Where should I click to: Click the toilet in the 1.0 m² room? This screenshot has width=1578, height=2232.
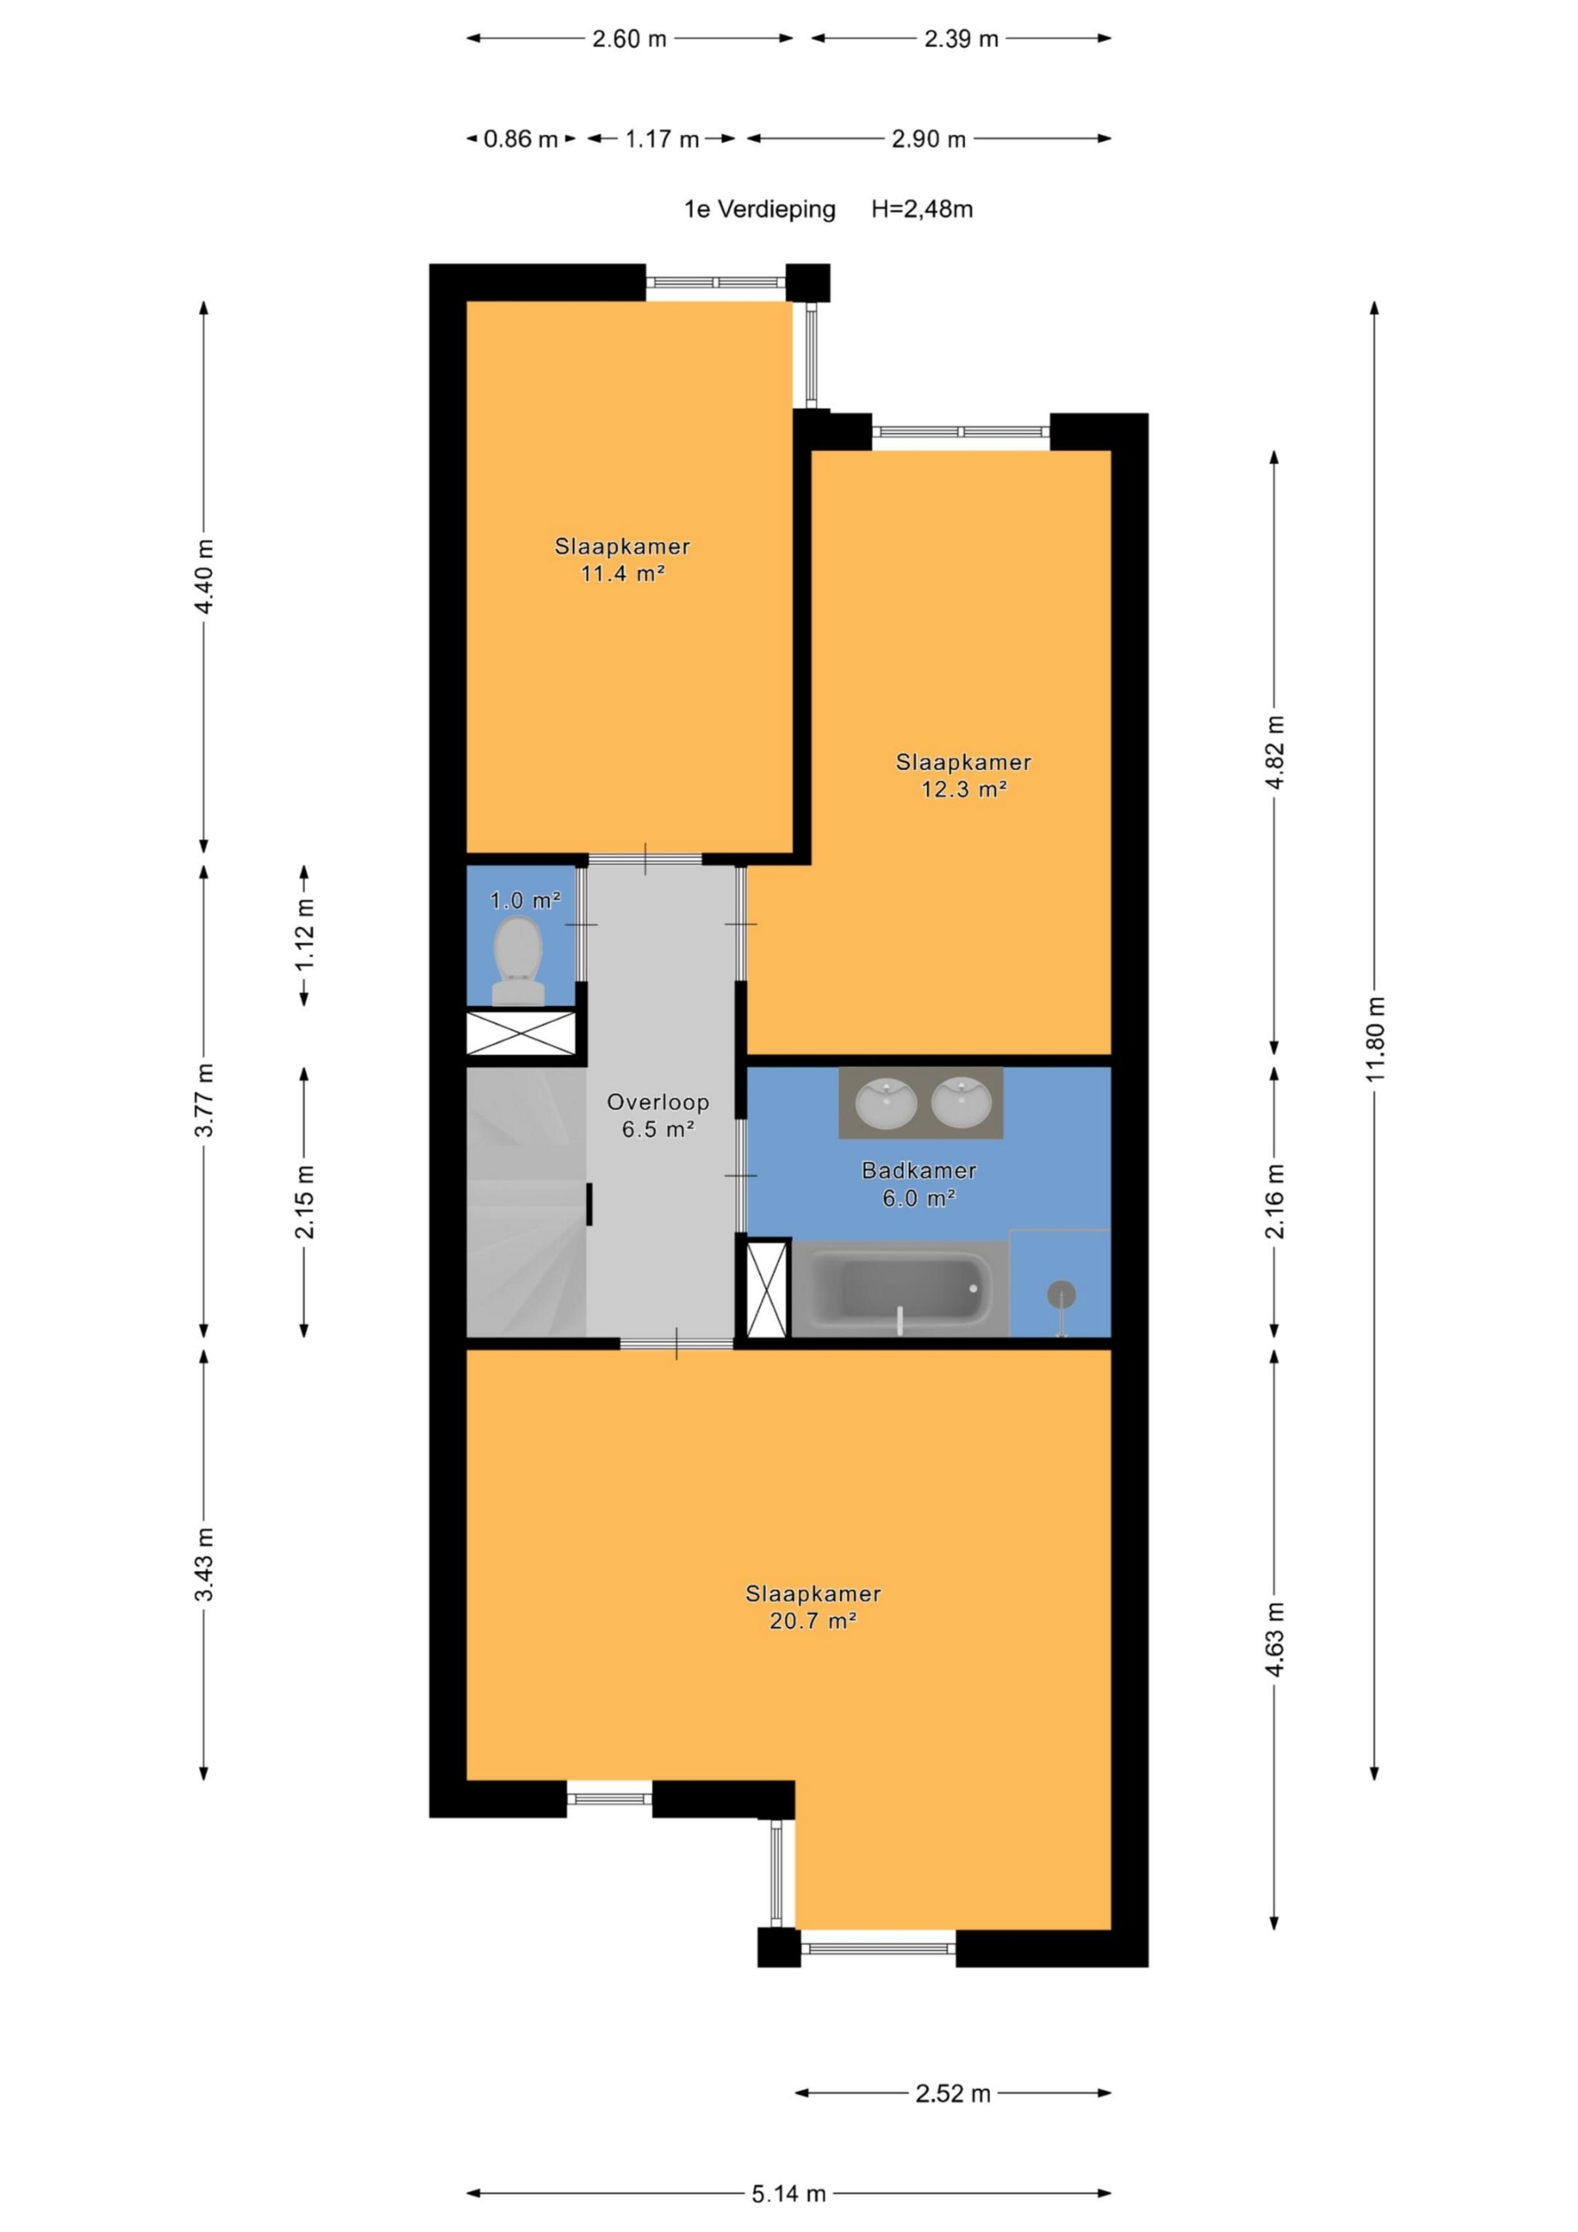[x=519, y=961]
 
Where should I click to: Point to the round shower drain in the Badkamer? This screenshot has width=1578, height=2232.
[x=1061, y=1295]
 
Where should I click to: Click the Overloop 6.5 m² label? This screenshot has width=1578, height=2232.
[x=658, y=1115]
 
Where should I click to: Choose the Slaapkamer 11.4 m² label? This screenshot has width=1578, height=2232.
[x=622, y=559]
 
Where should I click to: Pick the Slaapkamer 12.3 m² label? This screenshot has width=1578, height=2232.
[x=962, y=775]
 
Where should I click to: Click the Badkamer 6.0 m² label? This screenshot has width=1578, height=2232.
[x=919, y=1184]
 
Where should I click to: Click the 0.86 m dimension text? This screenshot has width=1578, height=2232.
[x=521, y=139]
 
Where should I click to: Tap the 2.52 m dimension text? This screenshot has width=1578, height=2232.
[x=953, y=2093]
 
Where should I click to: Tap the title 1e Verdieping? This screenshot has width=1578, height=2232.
[x=759, y=209]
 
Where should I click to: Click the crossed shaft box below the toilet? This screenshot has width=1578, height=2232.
[x=521, y=1032]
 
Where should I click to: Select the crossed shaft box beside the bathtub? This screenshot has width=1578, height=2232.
[x=766, y=1288]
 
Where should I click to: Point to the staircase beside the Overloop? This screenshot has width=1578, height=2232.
[x=526, y=1202]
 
